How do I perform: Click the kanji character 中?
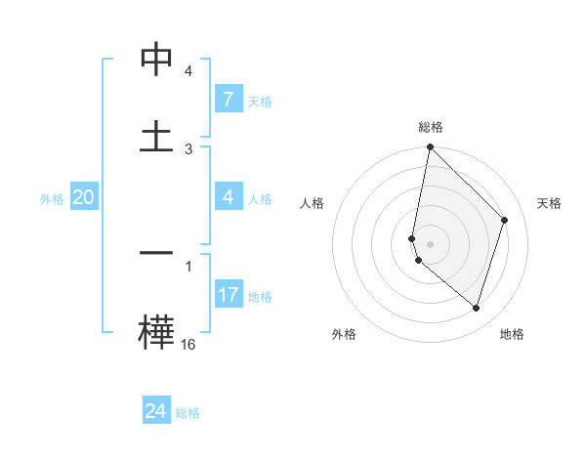click(x=156, y=61)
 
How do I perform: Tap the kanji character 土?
click(x=156, y=136)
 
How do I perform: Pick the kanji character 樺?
click(x=156, y=330)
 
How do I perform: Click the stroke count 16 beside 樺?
click(x=188, y=344)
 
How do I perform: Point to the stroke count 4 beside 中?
click(x=188, y=72)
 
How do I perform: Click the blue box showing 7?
click(x=228, y=100)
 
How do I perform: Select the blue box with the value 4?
click(x=228, y=197)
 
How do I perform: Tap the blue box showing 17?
click(x=228, y=294)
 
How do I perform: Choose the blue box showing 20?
click(x=84, y=197)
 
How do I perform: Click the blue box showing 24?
click(x=156, y=411)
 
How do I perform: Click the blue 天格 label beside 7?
click(x=259, y=101)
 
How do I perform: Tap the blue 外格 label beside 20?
click(x=52, y=198)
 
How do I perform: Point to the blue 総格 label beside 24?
click(x=188, y=412)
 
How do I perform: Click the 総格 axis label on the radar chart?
click(x=430, y=127)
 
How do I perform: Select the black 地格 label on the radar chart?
click(x=512, y=334)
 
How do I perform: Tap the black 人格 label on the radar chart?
click(x=313, y=203)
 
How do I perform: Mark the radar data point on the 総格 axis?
click(x=430, y=147)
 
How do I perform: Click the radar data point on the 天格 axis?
click(x=505, y=220)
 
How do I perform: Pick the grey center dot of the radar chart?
click(x=430, y=243)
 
